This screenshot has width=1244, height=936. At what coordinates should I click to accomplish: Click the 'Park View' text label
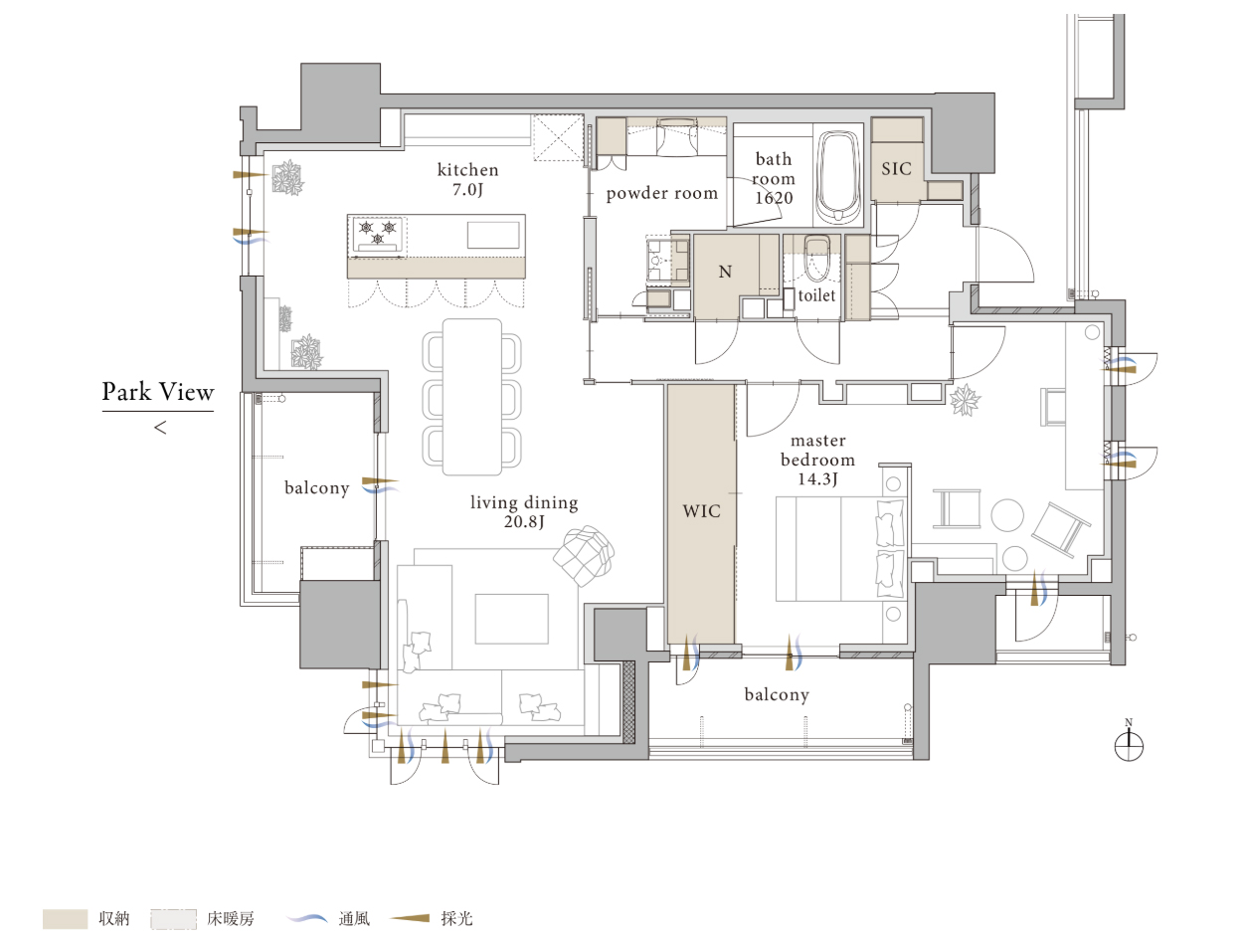click(157, 392)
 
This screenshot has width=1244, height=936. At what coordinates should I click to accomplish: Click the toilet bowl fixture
click(816, 258)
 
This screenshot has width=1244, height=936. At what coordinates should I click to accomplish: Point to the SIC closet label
click(896, 168)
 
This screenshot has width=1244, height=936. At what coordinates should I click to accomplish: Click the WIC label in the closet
click(702, 511)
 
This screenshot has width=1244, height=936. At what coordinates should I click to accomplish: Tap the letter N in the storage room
click(725, 273)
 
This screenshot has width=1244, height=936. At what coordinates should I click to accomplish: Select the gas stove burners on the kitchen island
click(378, 234)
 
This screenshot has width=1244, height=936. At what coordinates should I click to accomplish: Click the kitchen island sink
click(493, 235)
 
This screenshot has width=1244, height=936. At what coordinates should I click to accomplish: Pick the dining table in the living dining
click(472, 397)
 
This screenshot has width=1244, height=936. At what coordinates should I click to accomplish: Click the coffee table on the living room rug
click(512, 619)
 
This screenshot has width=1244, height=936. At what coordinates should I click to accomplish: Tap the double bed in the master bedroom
click(840, 549)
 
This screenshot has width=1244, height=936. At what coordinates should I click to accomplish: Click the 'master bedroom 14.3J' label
click(817, 460)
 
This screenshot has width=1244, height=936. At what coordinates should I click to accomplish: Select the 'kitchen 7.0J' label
click(467, 179)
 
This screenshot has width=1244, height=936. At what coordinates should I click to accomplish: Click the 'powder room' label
click(662, 193)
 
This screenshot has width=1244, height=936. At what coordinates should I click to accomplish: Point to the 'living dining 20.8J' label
click(524, 512)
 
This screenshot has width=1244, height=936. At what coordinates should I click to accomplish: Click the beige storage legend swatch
click(66, 919)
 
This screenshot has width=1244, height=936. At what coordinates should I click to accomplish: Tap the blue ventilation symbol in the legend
click(306, 918)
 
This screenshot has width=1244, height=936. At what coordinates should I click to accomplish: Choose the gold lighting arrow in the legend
click(411, 918)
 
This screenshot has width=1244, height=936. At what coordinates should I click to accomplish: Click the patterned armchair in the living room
click(584, 556)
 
